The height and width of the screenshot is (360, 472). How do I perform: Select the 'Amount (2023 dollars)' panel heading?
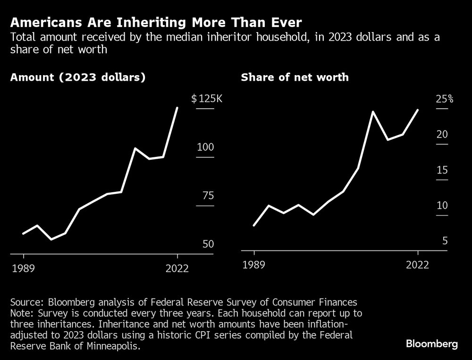point(77,77)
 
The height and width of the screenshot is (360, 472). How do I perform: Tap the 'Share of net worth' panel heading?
point(295,77)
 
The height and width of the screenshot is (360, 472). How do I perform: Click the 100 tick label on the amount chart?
point(206,147)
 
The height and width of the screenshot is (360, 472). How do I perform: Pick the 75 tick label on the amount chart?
point(206,196)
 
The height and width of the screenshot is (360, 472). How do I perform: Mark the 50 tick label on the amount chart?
point(206,244)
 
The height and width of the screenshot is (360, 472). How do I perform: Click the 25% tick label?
point(445,99)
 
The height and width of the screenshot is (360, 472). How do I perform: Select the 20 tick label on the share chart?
point(442,135)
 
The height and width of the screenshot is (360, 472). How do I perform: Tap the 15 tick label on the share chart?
point(442,170)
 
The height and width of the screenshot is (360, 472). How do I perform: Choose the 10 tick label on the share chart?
point(442,206)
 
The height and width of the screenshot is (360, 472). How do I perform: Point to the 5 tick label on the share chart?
point(445,241)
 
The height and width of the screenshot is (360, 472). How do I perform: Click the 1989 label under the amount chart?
point(23,268)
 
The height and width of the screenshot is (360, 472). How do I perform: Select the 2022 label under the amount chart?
point(177,268)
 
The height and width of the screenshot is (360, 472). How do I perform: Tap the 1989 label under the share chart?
point(254,265)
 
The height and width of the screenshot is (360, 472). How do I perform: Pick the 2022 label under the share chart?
point(418,265)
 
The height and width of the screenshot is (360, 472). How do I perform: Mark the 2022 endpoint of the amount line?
point(177,108)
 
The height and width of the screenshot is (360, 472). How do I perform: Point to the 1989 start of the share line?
point(254,225)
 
